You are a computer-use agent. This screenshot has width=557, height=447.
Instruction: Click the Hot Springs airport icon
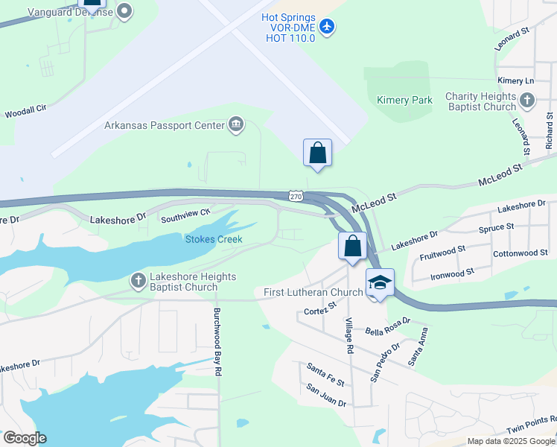coord(327,27)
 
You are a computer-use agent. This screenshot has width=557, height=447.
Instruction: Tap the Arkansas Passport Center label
coord(164,125)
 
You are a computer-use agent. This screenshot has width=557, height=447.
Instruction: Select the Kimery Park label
coord(404,100)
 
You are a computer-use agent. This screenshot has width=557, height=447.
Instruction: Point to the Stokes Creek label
coord(214,239)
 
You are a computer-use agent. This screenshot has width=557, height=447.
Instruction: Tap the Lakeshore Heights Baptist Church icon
coord(138,281)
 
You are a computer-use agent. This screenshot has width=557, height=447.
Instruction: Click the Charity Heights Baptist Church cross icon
coord(527,101)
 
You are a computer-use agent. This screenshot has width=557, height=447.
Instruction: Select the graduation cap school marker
coord(380,282)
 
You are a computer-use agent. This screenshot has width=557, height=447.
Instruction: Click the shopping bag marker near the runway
coord(317,153)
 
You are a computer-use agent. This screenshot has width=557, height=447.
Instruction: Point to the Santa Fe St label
coord(325,374)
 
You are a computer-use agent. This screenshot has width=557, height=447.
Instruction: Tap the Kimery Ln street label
coord(516,80)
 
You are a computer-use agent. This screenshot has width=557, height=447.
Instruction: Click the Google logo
coord(25,438)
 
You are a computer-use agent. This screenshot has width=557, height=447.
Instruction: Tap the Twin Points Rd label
coord(531,425)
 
